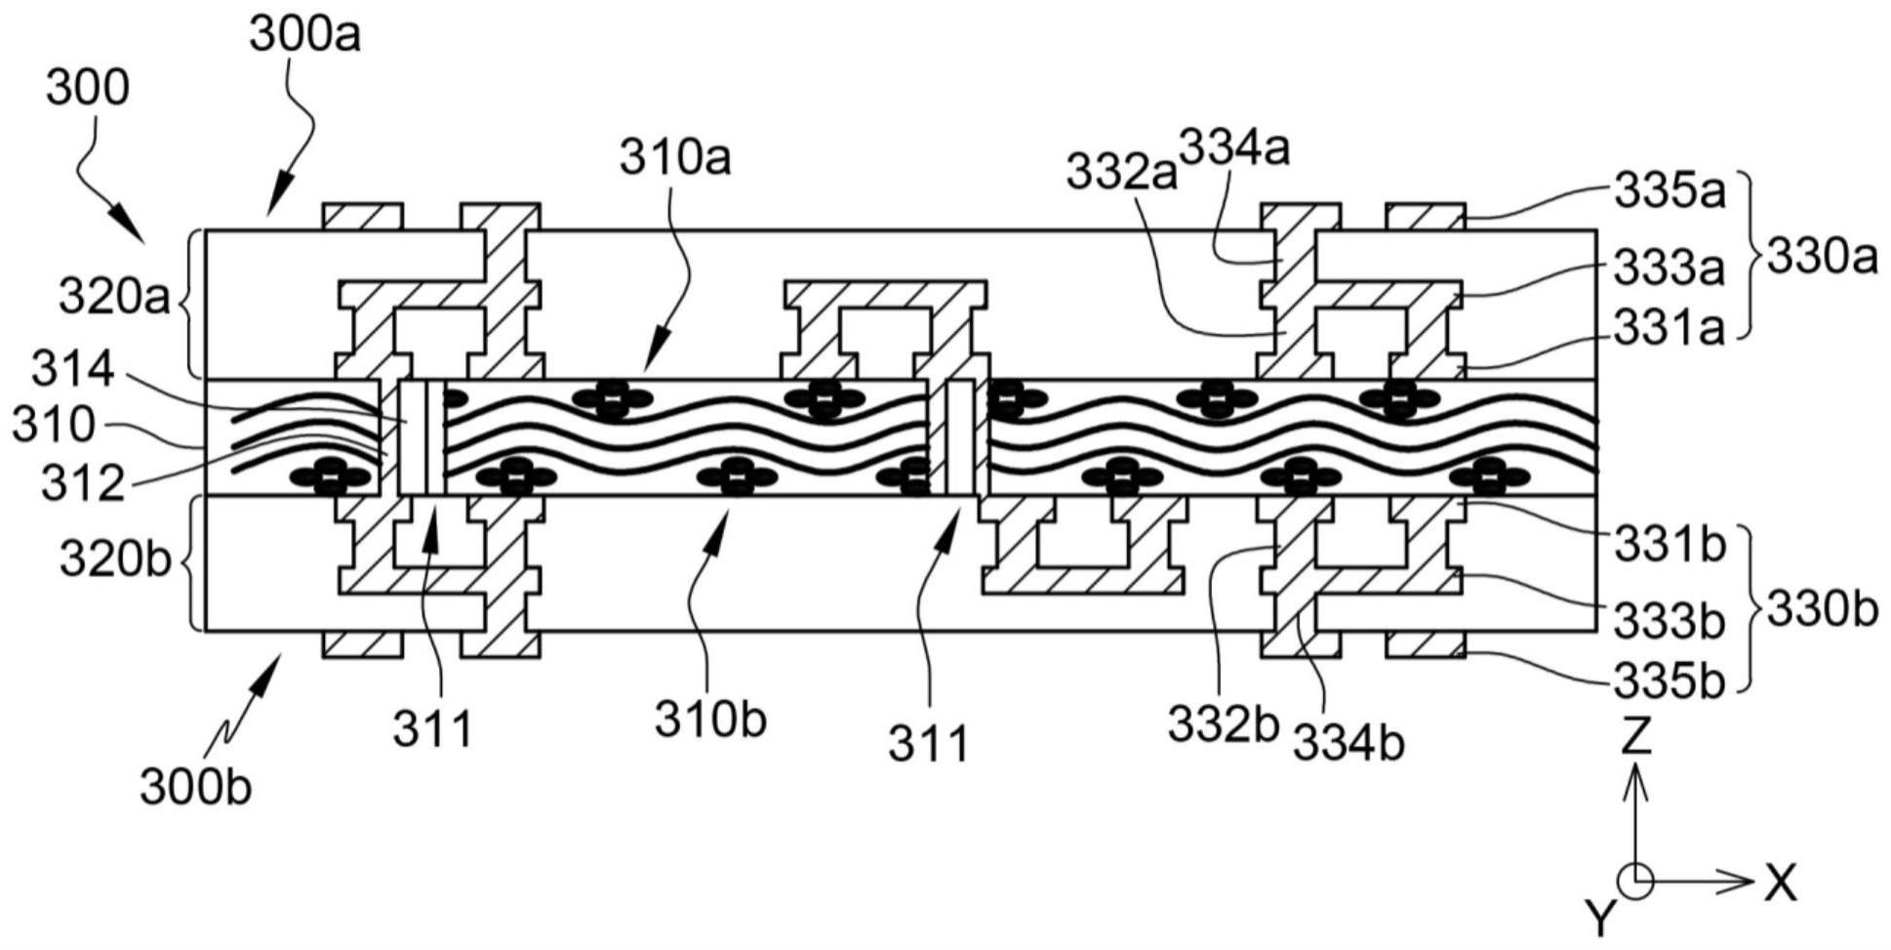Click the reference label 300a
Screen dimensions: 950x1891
[304, 34]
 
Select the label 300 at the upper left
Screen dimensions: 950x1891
[87, 89]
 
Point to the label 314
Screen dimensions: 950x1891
[72, 371]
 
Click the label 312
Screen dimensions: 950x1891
[83, 483]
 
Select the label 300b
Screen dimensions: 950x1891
[195, 787]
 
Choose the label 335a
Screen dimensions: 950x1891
[1670, 192]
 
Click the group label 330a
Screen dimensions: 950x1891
[1822, 259]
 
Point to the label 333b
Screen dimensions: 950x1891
[1670, 621]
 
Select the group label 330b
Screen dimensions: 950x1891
[1822, 610]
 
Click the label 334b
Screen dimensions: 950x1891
[1348, 744]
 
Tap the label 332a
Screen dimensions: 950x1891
[1121, 173]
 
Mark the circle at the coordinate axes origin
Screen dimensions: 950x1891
[1635, 882]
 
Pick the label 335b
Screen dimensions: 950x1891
[1670, 682]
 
